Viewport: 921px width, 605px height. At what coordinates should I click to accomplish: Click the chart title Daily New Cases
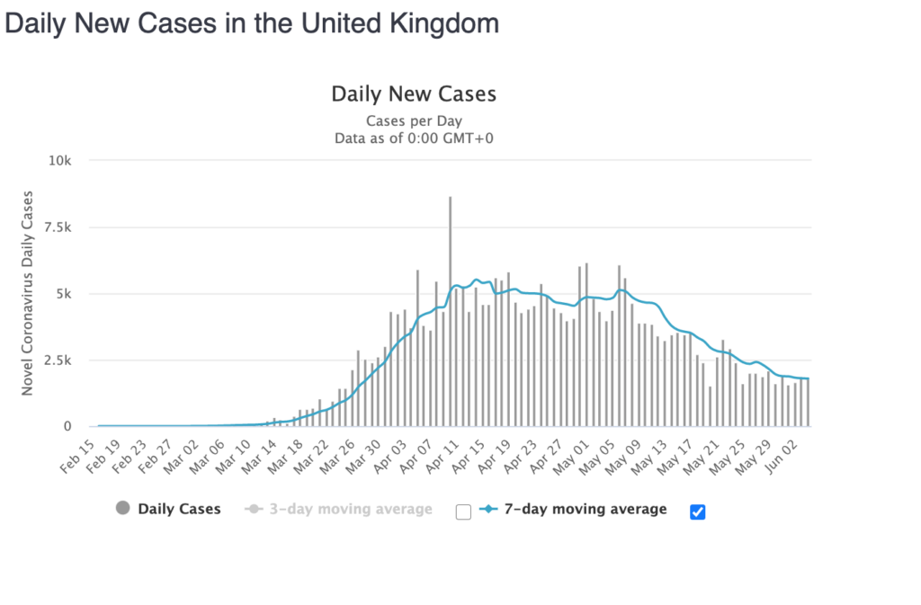[x=414, y=93]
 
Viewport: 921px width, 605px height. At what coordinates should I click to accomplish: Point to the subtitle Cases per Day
[x=414, y=120]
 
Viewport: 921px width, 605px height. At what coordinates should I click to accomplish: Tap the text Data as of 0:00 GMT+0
[x=414, y=138]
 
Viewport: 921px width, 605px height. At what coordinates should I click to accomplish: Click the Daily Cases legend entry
[x=179, y=510]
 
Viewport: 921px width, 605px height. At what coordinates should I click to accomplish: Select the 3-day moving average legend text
[x=351, y=510]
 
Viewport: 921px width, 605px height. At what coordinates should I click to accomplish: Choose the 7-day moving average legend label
[x=585, y=510]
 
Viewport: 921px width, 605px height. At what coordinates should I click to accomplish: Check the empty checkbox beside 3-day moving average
[x=463, y=512]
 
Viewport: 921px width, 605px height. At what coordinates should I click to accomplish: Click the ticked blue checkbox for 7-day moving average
[x=697, y=512]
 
